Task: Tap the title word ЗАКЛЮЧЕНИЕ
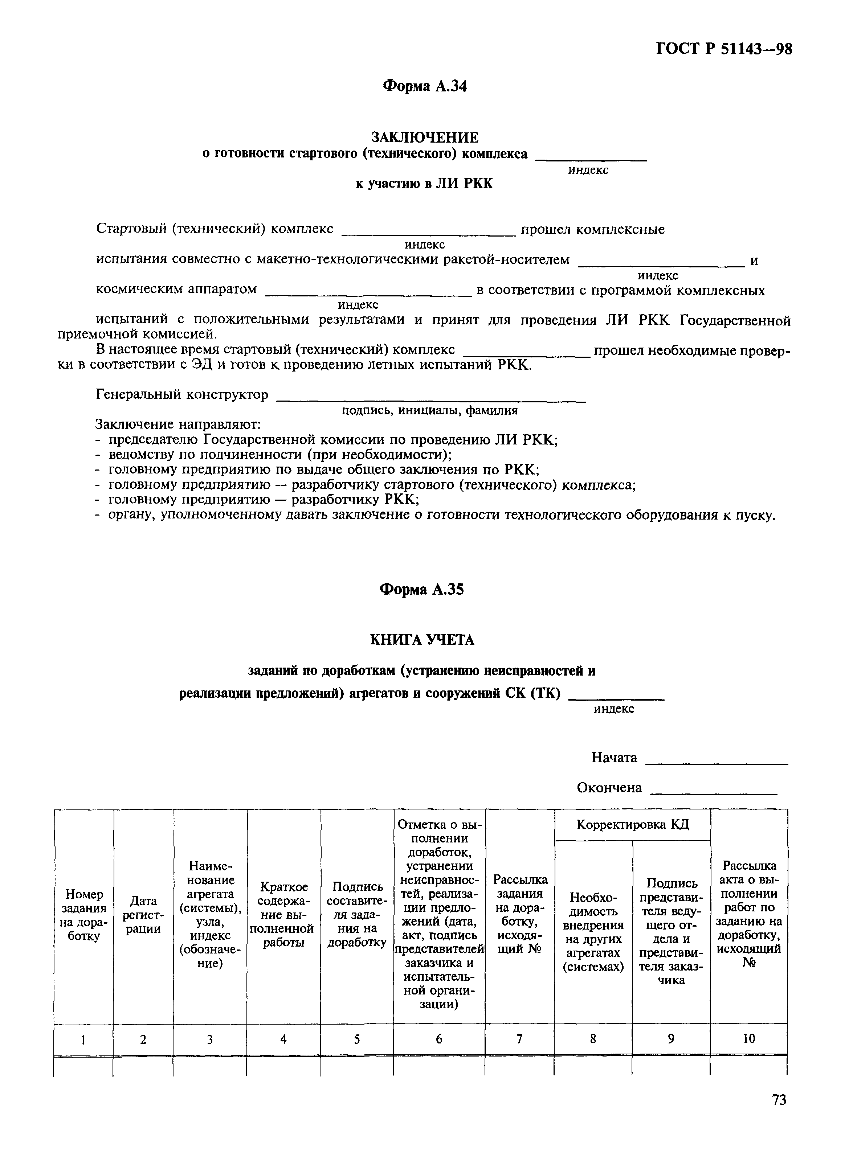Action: coord(425,137)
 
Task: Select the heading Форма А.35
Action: coord(421,589)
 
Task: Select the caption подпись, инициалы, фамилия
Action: coord(430,410)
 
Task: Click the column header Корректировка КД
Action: coord(632,825)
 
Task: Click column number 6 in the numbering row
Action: coord(439,1039)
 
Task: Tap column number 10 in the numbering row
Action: coord(749,1039)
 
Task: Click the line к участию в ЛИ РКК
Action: coord(424,183)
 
